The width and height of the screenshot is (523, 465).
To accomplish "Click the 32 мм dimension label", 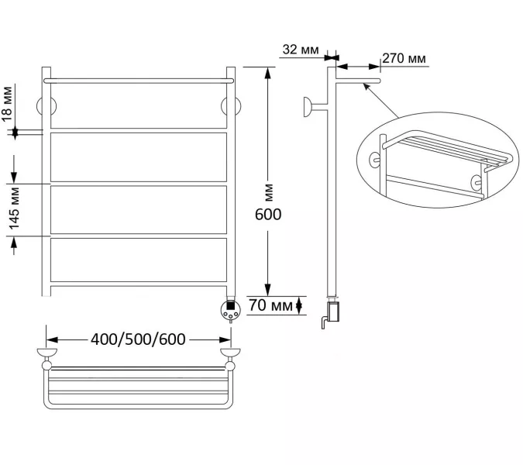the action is [x=301, y=50].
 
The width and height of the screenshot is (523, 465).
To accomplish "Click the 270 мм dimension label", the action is [x=404, y=58].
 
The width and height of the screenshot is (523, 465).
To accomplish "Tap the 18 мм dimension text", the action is [x=7, y=103].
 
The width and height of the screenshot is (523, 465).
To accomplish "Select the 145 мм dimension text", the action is [x=14, y=208].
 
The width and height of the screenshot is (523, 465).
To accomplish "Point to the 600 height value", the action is [x=268, y=215].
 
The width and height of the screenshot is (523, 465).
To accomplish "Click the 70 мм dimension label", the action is [x=270, y=305].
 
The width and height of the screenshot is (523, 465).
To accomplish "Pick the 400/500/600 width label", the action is [x=138, y=339].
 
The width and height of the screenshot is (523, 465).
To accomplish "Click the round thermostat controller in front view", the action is [x=230, y=310].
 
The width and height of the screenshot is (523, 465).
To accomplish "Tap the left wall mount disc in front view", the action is [x=46, y=106].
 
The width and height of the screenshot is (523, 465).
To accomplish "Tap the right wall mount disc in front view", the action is [x=231, y=106].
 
